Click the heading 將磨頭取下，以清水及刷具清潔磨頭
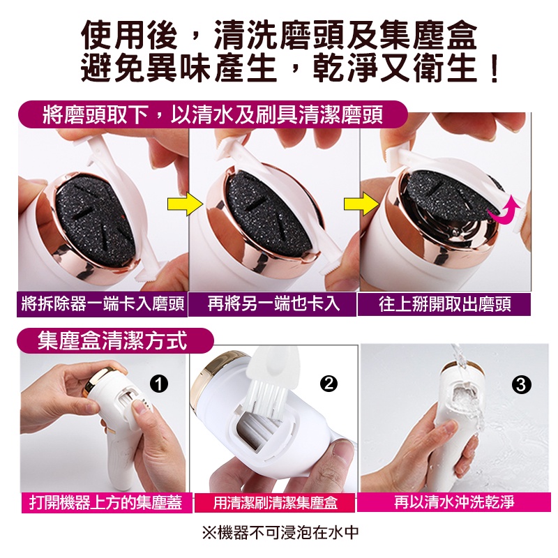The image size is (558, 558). [213, 115]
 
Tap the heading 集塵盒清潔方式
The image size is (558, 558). [112, 340]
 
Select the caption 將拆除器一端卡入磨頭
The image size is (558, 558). [103, 304]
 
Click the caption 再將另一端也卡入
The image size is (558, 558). [273, 304]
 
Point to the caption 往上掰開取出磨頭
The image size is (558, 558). [445, 305]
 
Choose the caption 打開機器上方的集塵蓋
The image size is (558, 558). [106, 502]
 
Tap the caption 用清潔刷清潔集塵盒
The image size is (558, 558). [275, 502]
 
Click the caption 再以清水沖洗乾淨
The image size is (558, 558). [454, 502]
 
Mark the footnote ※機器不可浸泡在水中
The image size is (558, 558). [280, 533]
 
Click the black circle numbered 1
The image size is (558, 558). [159, 384]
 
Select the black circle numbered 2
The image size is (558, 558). [329, 383]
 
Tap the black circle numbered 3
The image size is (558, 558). [521, 385]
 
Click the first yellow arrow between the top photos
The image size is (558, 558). [185, 204]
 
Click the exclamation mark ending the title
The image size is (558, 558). [494, 68]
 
